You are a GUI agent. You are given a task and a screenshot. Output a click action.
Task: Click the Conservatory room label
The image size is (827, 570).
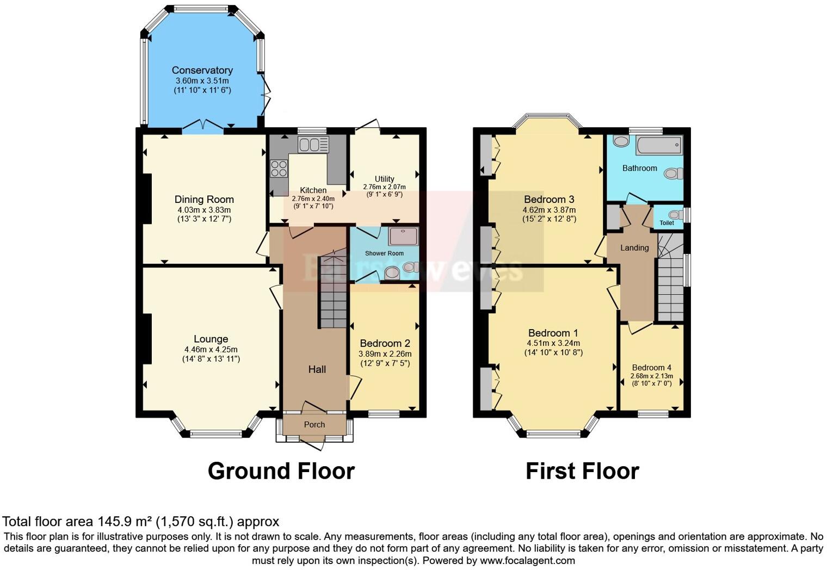(202, 70)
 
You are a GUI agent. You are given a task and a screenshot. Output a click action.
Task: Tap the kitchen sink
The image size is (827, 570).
(313, 145)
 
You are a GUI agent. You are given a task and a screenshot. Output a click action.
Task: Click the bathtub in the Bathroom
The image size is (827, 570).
(658, 145)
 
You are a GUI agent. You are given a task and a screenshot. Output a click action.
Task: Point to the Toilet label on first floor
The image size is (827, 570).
(666, 223)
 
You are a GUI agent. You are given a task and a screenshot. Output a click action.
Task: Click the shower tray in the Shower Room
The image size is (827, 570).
(403, 237)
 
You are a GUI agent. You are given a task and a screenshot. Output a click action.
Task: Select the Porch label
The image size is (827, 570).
(314, 425)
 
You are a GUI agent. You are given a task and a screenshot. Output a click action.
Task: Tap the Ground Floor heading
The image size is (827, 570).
(281, 471)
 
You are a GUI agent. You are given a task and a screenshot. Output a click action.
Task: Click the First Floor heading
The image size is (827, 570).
(582, 471)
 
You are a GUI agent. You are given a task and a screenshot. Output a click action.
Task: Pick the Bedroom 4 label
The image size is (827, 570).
(651, 368)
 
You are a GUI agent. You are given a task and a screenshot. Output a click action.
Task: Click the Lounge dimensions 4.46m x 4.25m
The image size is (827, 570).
(211, 350)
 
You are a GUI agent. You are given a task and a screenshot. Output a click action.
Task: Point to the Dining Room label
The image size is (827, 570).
(204, 200)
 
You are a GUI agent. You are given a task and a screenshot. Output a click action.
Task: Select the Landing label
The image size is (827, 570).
(634, 248)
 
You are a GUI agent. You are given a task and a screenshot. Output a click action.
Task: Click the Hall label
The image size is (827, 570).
(317, 369)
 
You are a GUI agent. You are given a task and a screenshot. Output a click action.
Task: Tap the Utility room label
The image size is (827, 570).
(384, 179)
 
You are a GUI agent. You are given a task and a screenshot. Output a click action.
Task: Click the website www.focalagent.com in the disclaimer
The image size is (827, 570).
(527, 560)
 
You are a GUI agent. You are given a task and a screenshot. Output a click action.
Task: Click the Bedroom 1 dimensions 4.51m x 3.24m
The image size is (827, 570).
(553, 343)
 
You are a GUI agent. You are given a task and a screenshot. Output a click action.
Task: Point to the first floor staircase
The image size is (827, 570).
(670, 283)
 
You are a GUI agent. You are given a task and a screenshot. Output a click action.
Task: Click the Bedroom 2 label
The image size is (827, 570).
(385, 344)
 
